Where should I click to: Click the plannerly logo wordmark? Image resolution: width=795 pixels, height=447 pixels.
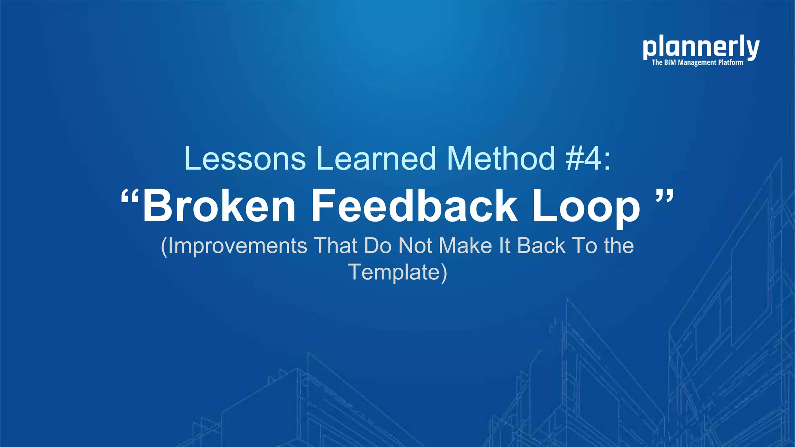click(x=701, y=48)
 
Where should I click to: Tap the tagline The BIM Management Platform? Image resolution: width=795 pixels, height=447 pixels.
click(x=698, y=62)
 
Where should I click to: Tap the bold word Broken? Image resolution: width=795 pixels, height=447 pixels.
click(x=219, y=206)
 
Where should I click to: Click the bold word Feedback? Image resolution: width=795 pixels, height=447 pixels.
click(x=414, y=206)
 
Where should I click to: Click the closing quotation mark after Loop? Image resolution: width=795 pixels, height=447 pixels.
click(x=665, y=196)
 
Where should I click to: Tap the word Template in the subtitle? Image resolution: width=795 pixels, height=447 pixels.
click(x=394, y=272)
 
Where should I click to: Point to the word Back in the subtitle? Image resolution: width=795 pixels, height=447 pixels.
click(x=541, y=246)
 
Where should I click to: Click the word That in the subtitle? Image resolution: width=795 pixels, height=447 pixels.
click(x=335, y=246)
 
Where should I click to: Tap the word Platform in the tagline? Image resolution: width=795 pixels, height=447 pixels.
click(x=730, y=62)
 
